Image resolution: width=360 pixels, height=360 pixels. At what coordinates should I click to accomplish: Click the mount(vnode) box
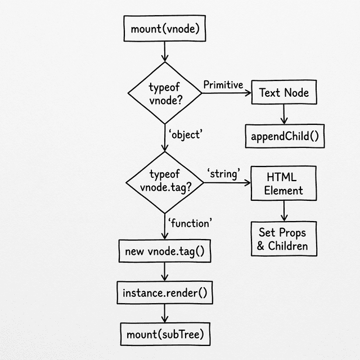165,29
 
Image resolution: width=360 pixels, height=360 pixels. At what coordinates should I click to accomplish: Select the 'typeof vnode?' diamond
165,93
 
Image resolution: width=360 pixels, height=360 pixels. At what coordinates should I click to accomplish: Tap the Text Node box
283,93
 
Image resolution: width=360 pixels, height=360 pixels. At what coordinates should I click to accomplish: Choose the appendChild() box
285,136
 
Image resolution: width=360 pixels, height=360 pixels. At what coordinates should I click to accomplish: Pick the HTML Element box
283,183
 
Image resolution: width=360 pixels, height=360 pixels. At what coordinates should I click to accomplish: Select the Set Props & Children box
283,239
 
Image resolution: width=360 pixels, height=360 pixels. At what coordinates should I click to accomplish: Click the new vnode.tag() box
165,251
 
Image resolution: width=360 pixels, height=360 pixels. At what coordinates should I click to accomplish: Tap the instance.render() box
165,292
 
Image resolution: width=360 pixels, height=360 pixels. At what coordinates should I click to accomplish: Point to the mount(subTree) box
165,335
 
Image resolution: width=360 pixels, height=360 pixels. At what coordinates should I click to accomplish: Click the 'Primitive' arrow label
223,85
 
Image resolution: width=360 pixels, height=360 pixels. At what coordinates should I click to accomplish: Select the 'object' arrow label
185,134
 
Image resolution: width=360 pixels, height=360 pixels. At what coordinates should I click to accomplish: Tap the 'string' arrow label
223,173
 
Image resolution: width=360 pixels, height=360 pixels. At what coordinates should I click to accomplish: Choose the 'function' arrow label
190,223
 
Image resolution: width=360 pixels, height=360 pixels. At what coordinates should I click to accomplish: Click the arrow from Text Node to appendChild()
284,115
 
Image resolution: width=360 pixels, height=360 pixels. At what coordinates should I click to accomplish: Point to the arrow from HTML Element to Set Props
284,210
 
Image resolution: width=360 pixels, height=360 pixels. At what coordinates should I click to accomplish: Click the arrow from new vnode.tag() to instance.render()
165,272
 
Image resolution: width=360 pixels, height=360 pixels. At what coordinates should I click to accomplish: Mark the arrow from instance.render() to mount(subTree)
165,314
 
